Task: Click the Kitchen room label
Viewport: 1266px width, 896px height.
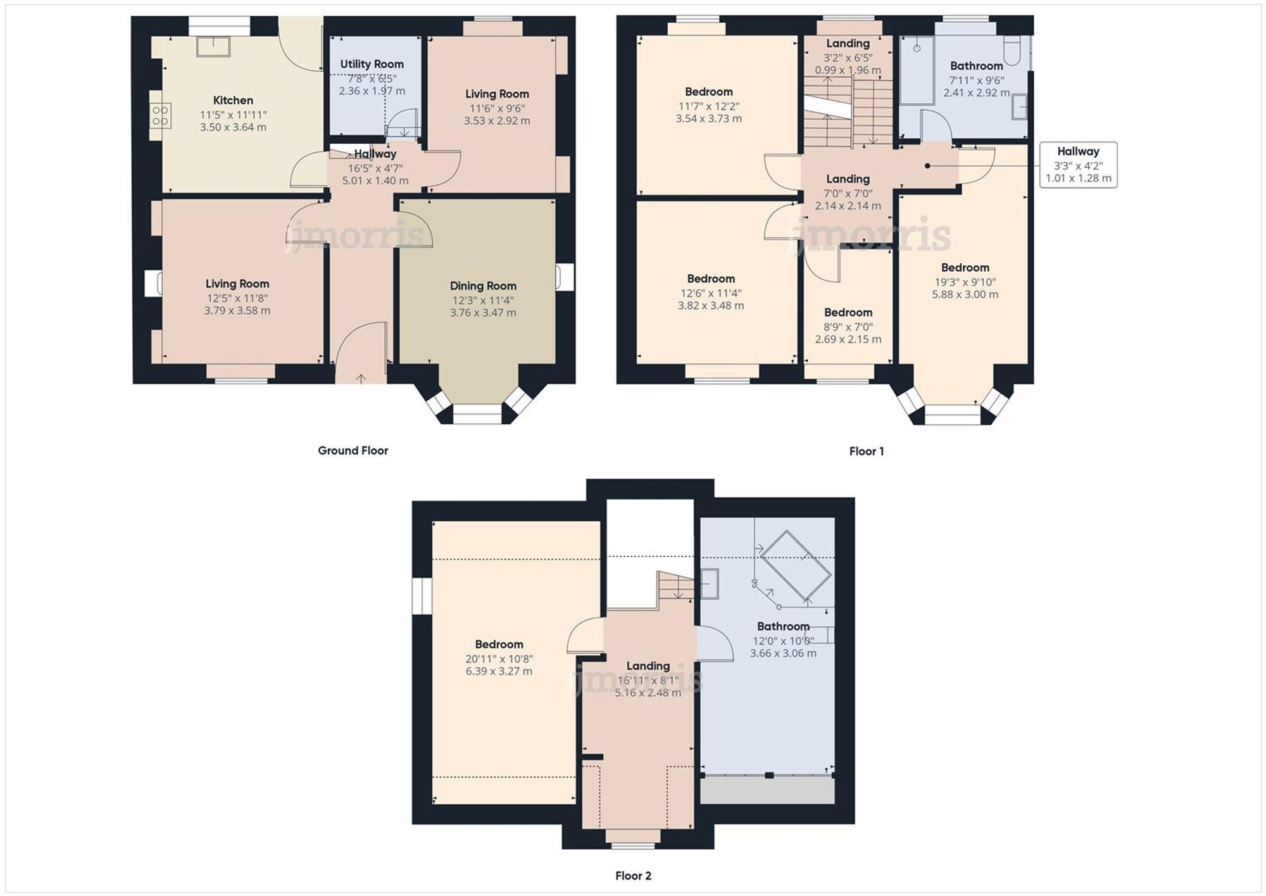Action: tap(233, 100)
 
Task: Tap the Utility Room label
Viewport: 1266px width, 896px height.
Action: tap(372, 64)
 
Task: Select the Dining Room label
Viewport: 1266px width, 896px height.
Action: tap(483, 286)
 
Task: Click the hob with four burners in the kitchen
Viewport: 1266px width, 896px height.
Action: tap(160, 116)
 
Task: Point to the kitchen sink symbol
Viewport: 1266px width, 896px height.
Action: tap(213, 46)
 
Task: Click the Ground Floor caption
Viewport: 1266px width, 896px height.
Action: tap(353, 450)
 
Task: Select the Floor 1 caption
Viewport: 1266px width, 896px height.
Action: tap(866, 451)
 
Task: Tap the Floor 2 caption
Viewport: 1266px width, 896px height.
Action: tap(633, 876)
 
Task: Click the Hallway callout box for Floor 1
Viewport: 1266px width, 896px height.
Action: tap(1078, 165)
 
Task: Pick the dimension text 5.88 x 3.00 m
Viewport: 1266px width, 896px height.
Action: tap(965, 294)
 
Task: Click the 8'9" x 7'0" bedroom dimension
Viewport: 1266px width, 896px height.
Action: tap(848, 327)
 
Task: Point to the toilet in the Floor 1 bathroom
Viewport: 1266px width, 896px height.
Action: tap(1012, 51)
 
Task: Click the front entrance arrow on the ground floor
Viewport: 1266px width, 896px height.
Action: tap(361, 378)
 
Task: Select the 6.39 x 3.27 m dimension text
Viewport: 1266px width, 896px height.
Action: tap(499, 671)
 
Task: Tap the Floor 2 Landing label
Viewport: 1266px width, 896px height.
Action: tap(648, 666)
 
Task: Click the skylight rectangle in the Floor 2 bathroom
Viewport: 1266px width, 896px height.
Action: tap(795, 566)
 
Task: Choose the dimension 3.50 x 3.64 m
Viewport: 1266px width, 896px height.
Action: tap(233, 127)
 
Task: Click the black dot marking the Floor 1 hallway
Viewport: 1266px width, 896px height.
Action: tap(927, 166)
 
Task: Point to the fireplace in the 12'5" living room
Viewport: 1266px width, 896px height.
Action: tap(154, 283)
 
